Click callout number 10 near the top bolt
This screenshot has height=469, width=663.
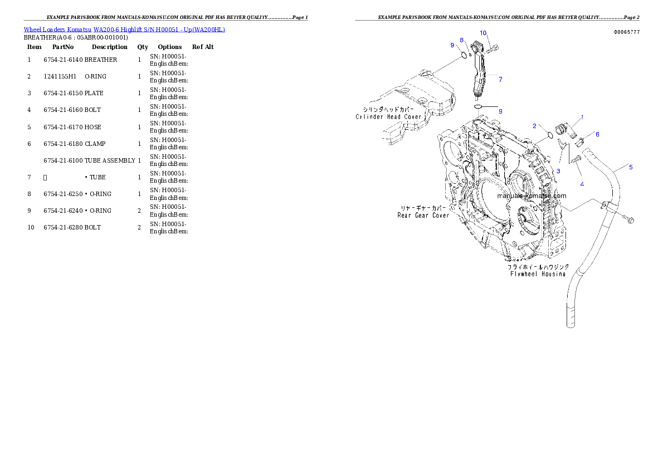pyautogui.click(x=483, y=33)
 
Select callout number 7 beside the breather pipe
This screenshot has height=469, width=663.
pyautogui.click(x=500, y=80)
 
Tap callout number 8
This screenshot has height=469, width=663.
pyautogui.click(x=461, y=40)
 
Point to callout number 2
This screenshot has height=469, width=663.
pyautogui.click(x=534, y=126)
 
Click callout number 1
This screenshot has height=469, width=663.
pyautogui.click(x=582, y=117)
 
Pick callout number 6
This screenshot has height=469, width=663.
pyautogui.click(x=597, y=134)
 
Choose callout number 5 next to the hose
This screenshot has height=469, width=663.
pyautogui.click(x=631, y=167)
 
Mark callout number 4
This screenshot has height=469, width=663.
pyautogui.click(x=582, y=184)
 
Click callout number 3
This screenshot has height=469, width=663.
pyautogui.click(x=558, y=171)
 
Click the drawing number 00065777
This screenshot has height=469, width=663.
pyautogui.click(x=627, y=32)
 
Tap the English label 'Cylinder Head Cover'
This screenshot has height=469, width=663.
pyautogui.click(x=389, y=117)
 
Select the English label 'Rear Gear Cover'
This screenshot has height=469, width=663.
pyautogui.click(x=423, y=216)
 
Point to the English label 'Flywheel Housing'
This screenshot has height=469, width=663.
pyautogui.click(x=538, y=273)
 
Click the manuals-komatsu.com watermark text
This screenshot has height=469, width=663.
pyautogui.click(x=532, y=196)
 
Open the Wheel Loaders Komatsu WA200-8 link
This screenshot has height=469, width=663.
pyautogui.click(x=124, y=30)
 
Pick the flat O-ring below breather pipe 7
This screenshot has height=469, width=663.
pyautogui.click(x=478, y=106)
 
